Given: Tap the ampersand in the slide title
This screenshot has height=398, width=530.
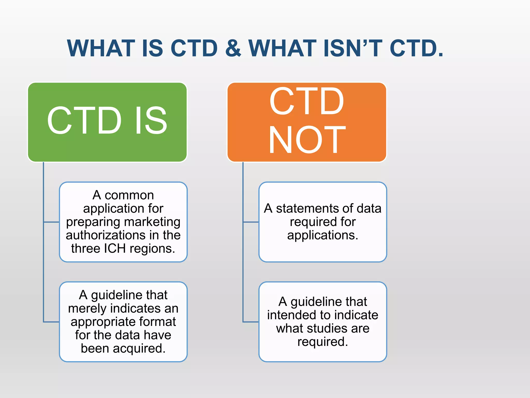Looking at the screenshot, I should (x=233, y=48).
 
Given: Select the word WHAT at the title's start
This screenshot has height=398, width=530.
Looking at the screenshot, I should (x=101, y=48).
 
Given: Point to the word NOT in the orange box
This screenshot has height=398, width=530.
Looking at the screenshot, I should (x=307, y=140).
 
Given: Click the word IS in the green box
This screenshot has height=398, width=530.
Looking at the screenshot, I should (x=151, y=121).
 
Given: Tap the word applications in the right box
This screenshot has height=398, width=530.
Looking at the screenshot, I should (x=322, y=235).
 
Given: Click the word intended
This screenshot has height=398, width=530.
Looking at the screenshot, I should (x=291, y=315).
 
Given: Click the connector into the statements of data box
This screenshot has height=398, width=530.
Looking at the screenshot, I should (x=251, y=222).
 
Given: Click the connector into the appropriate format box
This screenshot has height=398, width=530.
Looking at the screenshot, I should (x=51, y=322).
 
